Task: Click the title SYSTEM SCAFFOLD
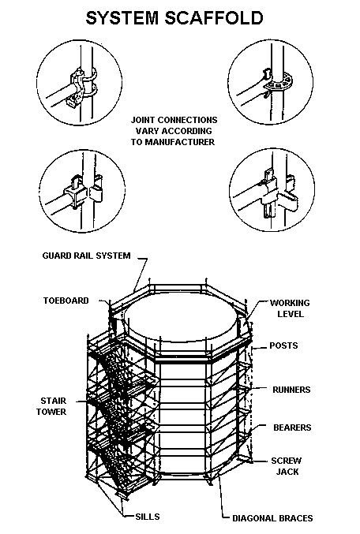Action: click(180, 18)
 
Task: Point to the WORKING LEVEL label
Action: click(289, 308)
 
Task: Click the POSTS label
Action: click(283, 345)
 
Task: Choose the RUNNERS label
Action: click(290, 390)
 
